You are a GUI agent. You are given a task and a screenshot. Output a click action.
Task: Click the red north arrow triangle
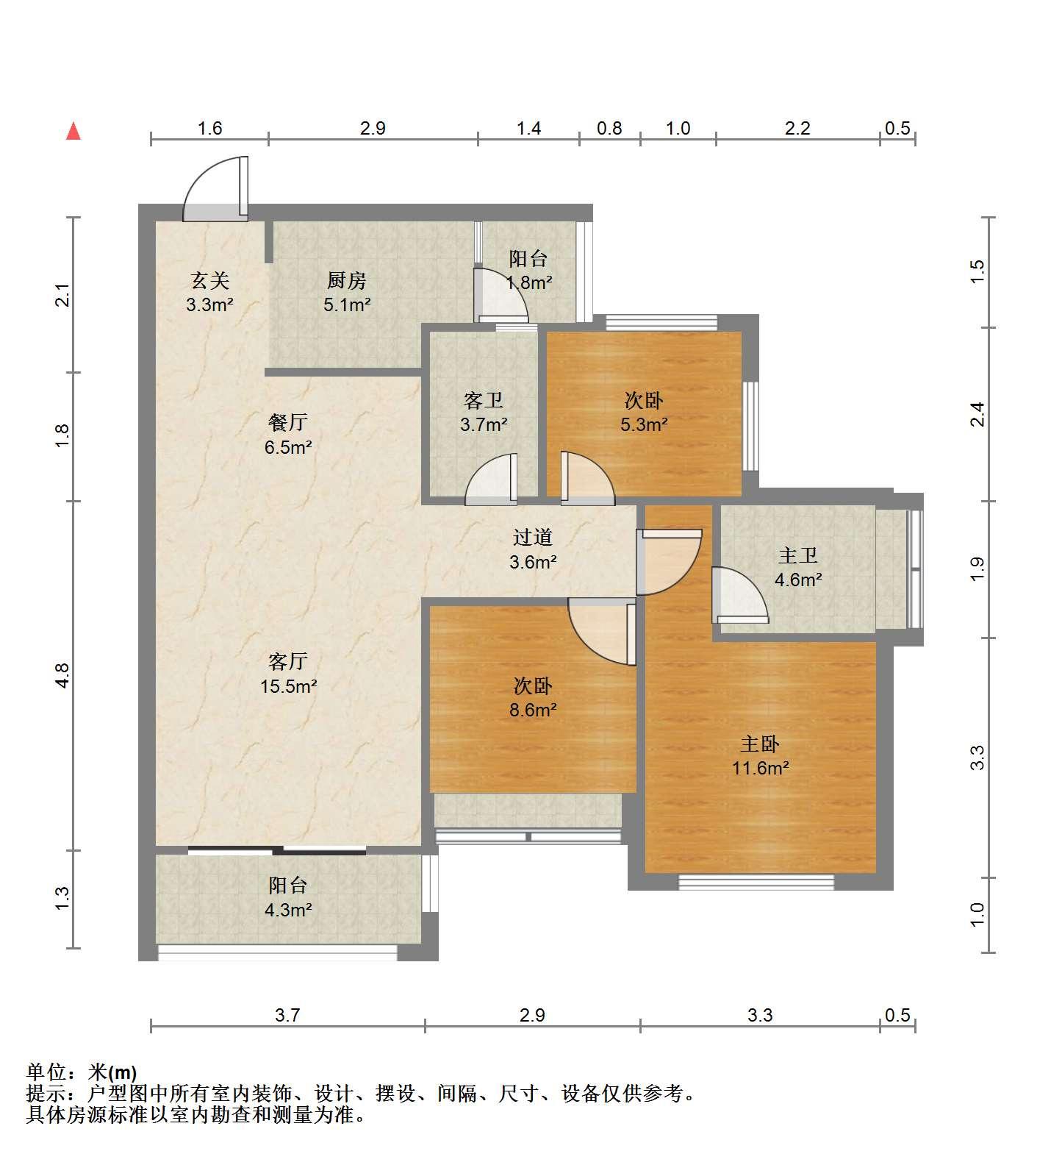[73, 131]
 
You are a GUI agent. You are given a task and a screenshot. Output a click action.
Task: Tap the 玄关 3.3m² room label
[209, 292]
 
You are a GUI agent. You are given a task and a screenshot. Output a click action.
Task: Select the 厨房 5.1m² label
[346, 292]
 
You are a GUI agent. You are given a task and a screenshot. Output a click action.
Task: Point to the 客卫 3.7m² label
[484, 412]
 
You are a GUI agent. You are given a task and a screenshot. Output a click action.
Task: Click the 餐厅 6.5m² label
[288, 434]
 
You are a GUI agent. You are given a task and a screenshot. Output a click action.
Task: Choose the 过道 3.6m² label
[533, 549]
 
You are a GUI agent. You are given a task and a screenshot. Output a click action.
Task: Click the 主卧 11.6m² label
[760, 756]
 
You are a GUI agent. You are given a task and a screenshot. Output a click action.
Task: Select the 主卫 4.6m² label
[798, 567]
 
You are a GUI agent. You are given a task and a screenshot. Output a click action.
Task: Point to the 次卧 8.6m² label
[533, 697]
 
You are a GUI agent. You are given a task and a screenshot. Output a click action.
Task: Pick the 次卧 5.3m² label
[645, 412]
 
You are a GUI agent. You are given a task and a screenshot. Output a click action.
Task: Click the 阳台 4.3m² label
[288, 897]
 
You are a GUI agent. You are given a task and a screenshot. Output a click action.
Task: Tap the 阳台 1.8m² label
[528, 270]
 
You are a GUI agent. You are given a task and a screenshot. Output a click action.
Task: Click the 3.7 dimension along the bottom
[287, 1015]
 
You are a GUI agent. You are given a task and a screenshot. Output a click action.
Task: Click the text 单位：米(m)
[82, 1073]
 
